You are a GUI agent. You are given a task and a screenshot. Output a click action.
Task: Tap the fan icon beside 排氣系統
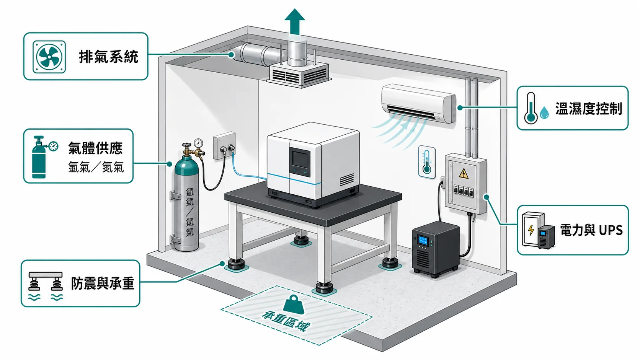point(49,57)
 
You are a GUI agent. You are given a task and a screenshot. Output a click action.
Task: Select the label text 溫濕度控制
point(589,109)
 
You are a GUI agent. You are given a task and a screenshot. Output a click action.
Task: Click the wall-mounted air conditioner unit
point(419,103)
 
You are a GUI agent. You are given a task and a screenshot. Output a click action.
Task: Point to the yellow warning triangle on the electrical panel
point(464,173)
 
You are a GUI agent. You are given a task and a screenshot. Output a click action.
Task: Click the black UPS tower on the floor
point(436,249)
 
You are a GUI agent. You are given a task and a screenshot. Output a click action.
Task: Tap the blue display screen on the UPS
point(423,240)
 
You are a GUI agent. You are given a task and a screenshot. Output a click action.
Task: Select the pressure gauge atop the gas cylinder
point(198,142)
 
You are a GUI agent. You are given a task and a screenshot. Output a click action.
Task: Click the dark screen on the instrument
point(300,160)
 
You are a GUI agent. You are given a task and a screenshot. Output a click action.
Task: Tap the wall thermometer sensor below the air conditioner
point(427,162)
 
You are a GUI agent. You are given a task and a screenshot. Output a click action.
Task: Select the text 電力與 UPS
point(591,230)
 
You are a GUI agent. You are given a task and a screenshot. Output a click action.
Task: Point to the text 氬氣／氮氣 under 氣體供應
point(96,167)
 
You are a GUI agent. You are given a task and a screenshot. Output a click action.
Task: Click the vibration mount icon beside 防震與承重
point(46,285)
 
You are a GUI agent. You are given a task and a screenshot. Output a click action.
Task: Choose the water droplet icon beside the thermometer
point(544,112)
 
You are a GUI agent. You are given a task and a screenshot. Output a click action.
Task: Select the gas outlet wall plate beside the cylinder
point(225,146)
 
